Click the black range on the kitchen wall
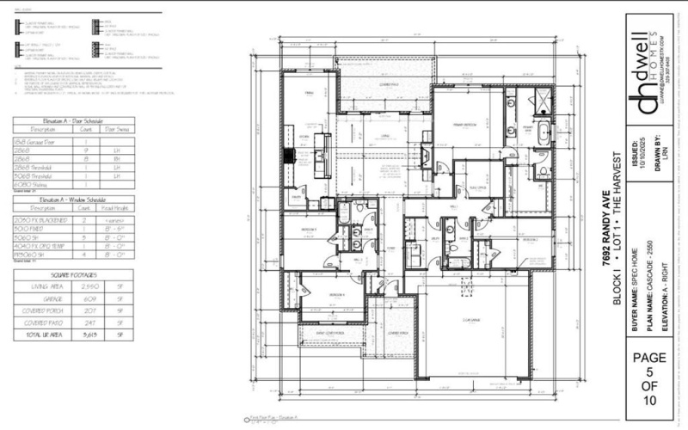pos(290,157)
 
